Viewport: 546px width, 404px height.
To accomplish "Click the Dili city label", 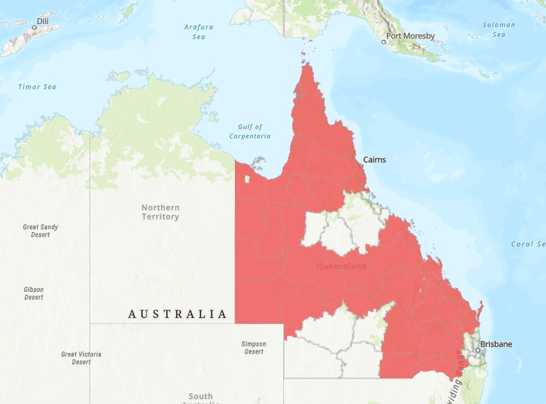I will (42, 21).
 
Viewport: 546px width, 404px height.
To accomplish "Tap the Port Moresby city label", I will (410, 36).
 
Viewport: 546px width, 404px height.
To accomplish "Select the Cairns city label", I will (374, 160).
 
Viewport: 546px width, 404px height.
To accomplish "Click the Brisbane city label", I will (496, 344).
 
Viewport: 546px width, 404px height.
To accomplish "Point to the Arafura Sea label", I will (199, 31).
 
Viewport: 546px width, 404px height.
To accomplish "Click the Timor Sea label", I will (37, 87).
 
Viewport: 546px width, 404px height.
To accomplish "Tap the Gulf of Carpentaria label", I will (249, 131).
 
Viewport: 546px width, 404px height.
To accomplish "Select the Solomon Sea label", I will (499, 29).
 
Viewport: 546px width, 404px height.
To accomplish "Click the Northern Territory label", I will (160, 212).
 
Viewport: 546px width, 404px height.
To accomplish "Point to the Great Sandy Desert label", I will (40, 231).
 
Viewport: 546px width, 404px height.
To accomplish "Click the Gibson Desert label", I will (33, 293).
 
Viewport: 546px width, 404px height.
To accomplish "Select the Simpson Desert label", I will (254, 348).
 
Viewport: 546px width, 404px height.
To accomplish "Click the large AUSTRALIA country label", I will (178, 314).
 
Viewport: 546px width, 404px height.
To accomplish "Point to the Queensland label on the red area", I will (342, 267).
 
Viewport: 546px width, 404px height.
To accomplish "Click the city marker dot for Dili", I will (33, 27).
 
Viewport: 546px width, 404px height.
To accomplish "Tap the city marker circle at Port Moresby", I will (383, 42).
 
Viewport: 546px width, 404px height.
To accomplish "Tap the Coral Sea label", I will (528, 244).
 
